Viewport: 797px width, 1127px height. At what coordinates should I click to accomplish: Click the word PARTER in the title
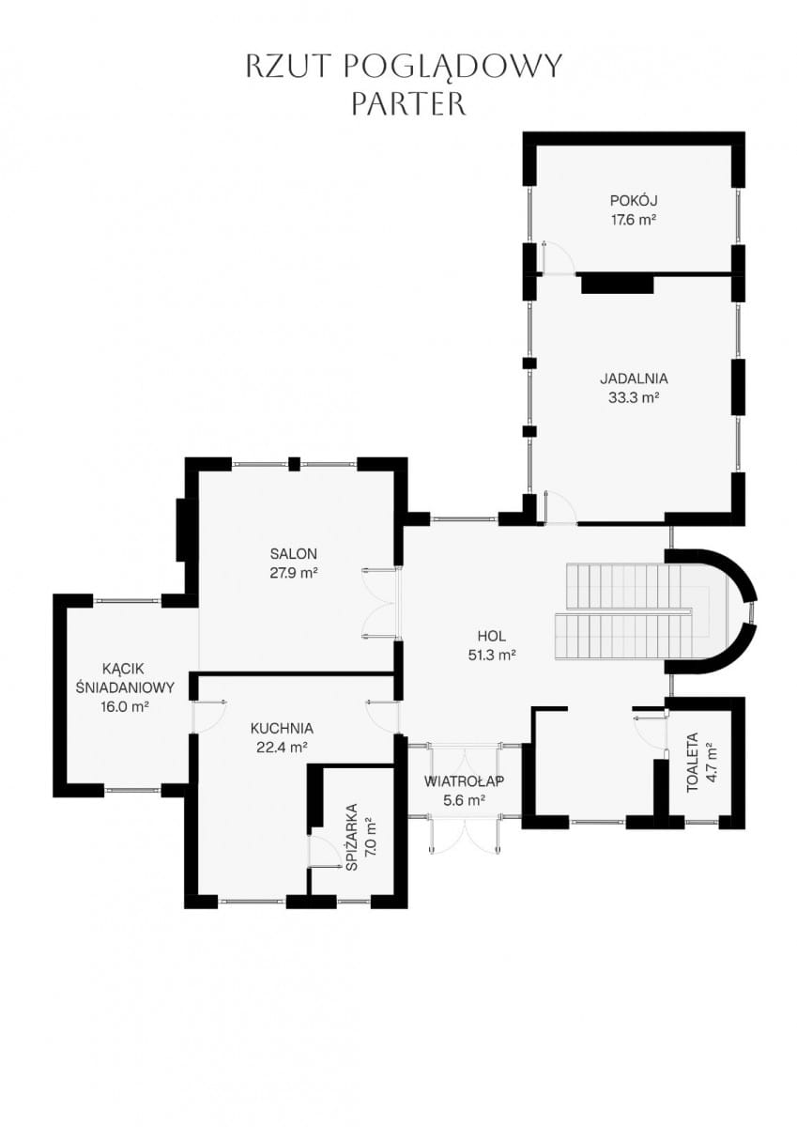[408, 103]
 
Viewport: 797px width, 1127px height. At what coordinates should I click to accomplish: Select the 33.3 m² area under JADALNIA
[634, 398]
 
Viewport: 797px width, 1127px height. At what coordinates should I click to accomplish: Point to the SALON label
[294, 554]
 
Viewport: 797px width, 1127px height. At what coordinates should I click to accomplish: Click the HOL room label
[492, 636]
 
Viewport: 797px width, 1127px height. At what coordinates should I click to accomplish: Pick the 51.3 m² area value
[492, 656]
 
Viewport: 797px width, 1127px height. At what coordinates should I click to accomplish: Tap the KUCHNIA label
[282, 728]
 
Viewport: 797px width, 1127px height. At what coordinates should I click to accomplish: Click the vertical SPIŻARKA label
[352, 837]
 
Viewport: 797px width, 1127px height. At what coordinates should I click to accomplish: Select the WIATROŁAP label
[464, 781]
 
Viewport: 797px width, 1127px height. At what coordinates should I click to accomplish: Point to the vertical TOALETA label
[693, 764]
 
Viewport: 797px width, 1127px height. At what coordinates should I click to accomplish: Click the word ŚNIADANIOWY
[125, 687]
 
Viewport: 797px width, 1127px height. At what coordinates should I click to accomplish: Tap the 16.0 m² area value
[125, 707]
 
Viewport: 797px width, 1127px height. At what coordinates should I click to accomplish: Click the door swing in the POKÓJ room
[558, 258]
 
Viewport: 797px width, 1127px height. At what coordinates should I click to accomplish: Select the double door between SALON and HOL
[380, 603]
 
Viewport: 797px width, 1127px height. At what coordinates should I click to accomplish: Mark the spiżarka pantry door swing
[324, 852]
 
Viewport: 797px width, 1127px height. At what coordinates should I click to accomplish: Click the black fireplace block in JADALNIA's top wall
[618, 284]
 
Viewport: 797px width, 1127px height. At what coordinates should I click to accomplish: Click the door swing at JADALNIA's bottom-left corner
[560, 507]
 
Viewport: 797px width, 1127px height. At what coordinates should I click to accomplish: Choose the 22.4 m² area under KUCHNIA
[282, 748]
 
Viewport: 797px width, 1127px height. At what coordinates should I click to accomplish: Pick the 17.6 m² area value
[634, 220]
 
